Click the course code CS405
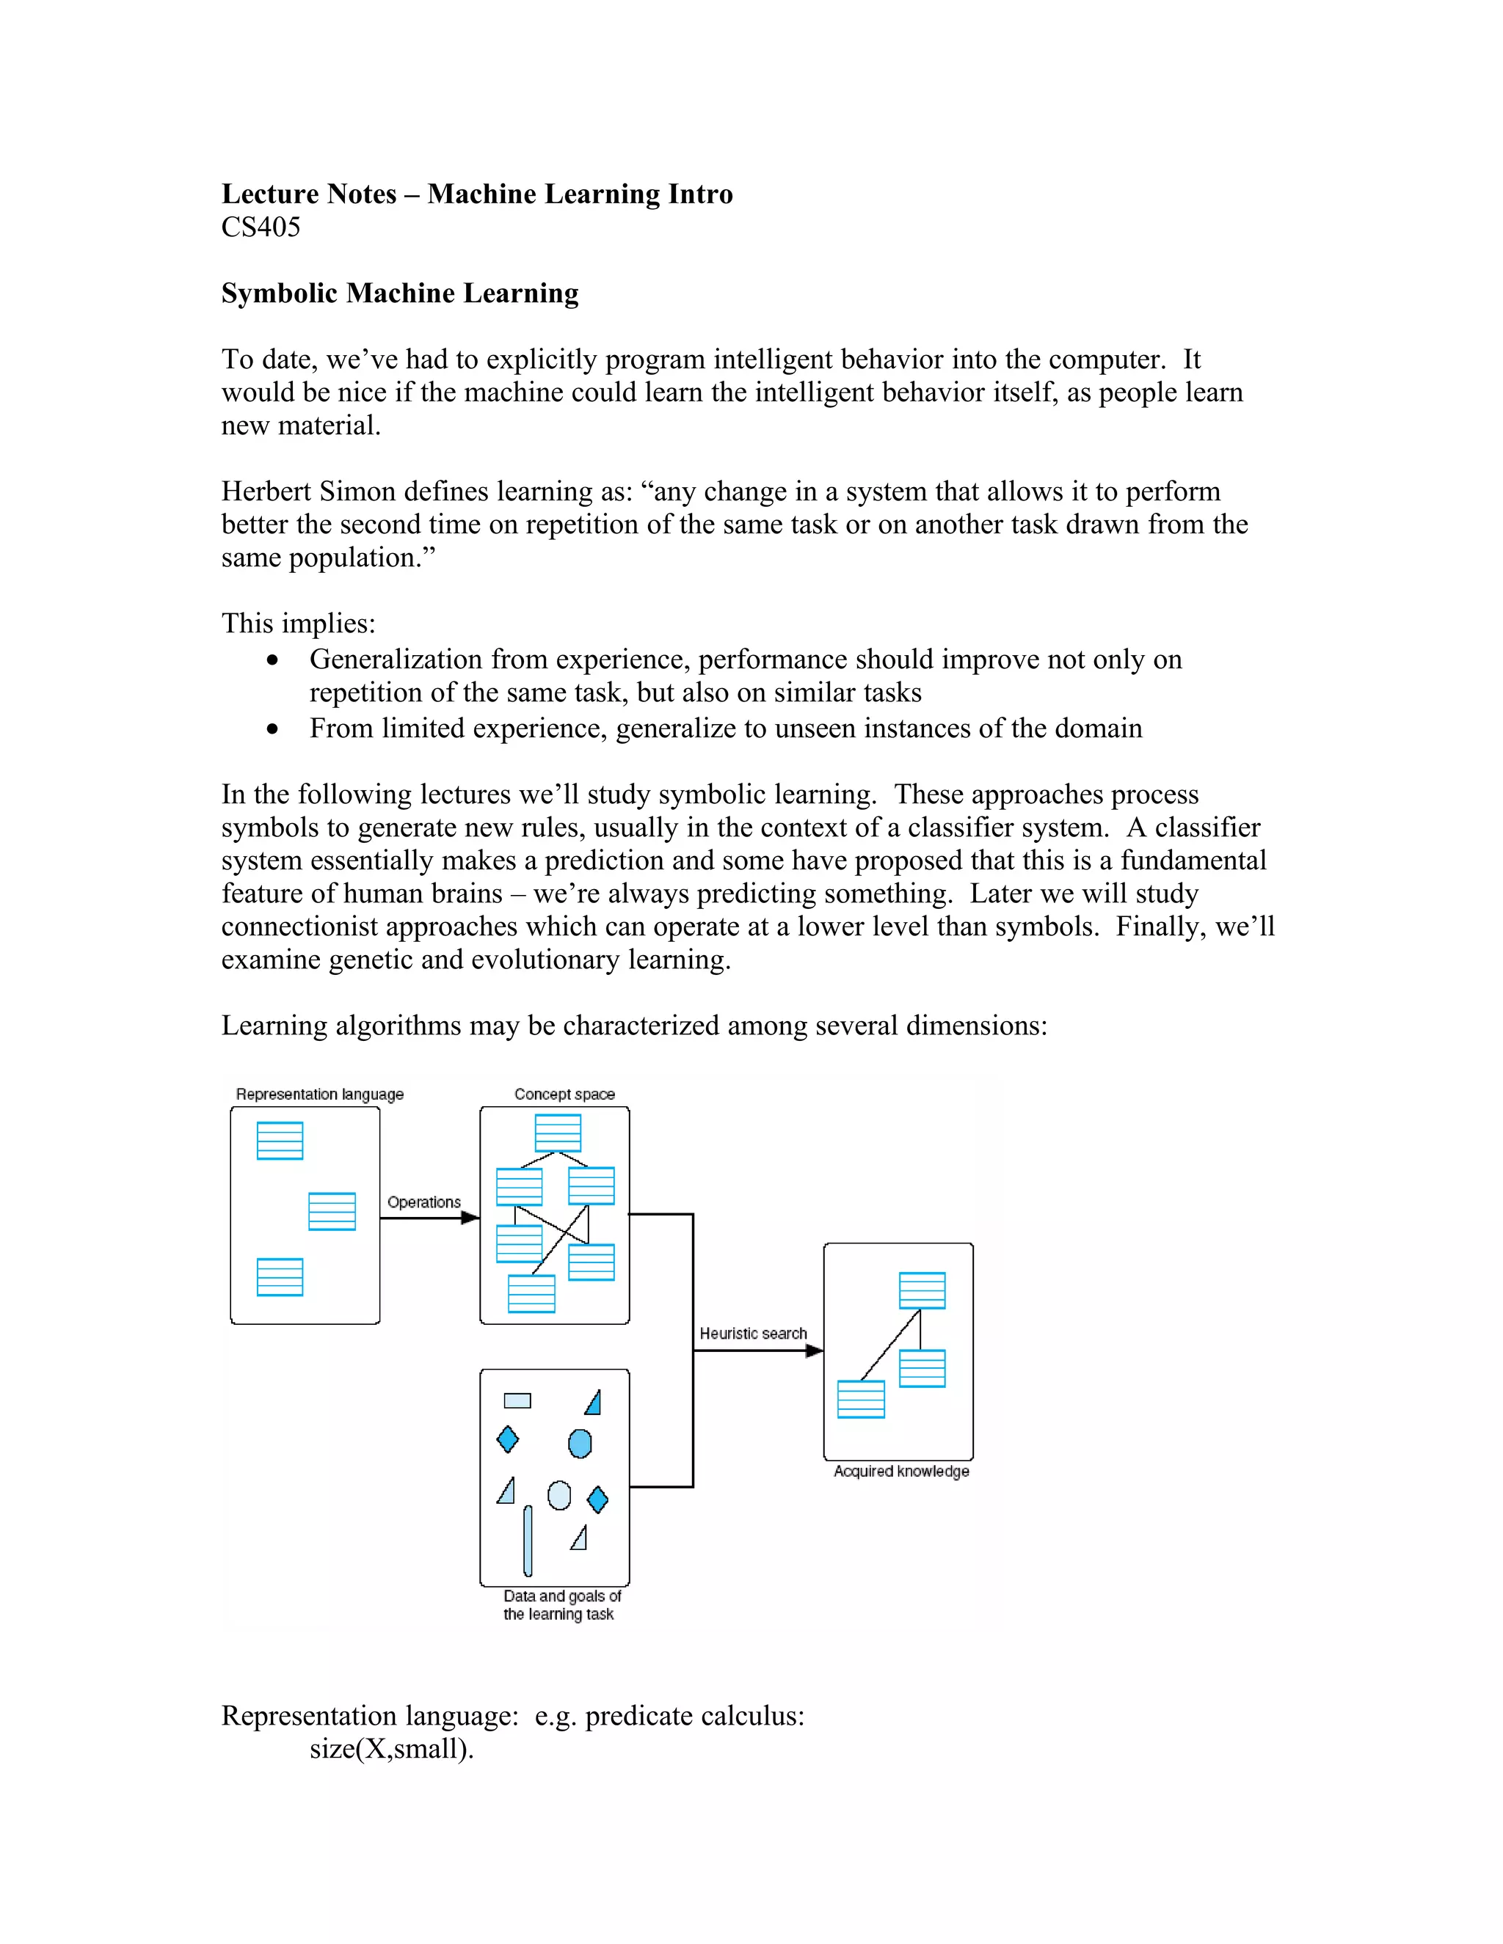[260, 228]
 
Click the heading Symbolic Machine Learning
[400, 293]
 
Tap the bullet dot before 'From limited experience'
[272, 729]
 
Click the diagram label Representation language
[320, 1094]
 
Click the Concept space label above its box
[564, 1094]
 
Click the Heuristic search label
[753, 1334]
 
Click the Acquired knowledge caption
[901, 1472]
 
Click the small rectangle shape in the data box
[517, 1401]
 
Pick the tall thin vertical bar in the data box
[528, 1541]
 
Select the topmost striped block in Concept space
[558, 1133]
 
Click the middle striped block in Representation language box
[332, 1211]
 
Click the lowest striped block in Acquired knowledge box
[861, 1399]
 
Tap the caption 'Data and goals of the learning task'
[561, 1605]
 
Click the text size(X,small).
[391, 1749]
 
